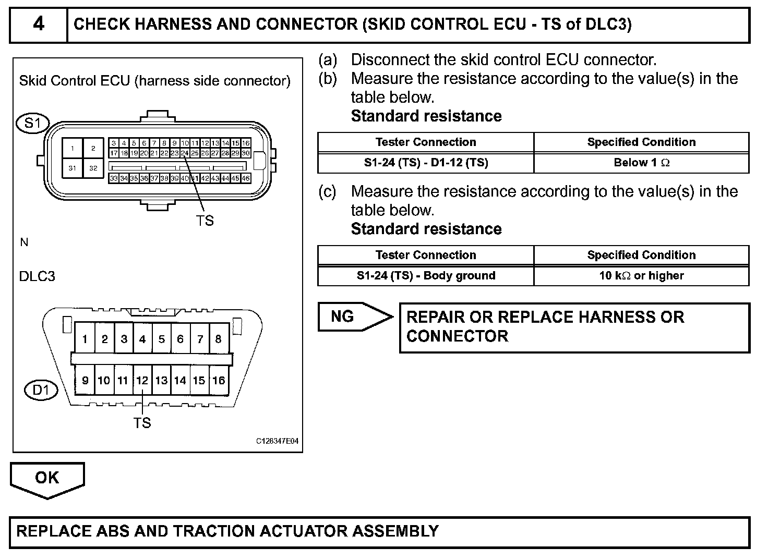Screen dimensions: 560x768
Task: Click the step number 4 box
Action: point(39,25)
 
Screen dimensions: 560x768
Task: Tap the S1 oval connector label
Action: point(32,123)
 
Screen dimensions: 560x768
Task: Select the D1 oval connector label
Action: point(41,390)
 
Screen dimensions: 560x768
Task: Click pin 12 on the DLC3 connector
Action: point(142,381)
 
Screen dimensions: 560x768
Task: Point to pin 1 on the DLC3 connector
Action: point(85,339)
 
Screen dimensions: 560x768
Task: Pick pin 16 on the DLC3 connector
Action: point(219,381)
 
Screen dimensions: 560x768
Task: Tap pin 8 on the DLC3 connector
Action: point(218,339)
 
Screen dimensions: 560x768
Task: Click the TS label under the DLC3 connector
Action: point(142,423)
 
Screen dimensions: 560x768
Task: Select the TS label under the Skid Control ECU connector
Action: point(205,221)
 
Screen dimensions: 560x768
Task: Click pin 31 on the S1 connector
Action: point(73,168)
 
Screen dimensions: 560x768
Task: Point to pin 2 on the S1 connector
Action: point(93,149)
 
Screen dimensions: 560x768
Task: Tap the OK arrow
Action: point(47,478)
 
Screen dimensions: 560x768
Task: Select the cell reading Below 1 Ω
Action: point(641,163)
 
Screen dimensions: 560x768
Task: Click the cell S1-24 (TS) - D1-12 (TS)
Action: point(426,163)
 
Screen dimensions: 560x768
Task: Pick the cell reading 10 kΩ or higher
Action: point(641,276)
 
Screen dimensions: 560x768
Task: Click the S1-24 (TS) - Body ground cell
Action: point(426,276)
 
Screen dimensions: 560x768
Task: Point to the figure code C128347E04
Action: point(277,441)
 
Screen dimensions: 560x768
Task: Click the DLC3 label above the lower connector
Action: point(37,276)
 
